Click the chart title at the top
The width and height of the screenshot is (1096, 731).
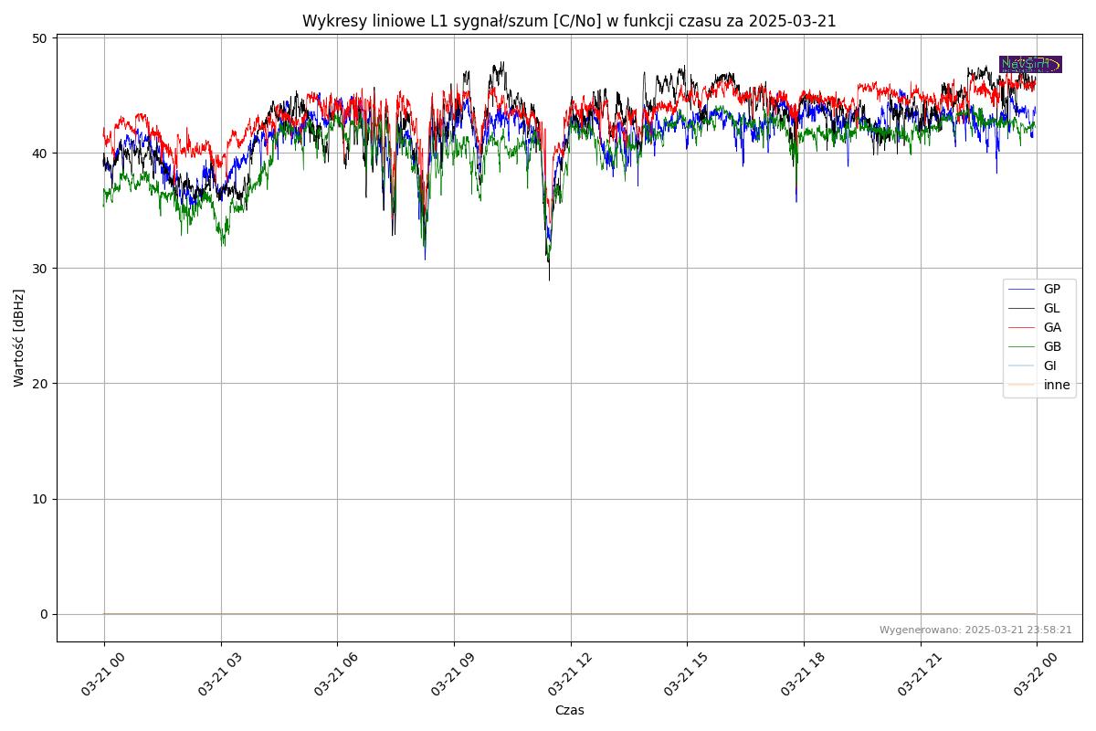pyautogui.click(x=569, y=21)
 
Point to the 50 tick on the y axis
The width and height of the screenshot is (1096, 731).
pyautogui.click(x=39, y=38)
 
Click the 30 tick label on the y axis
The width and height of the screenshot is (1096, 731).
pyautogui.click(x=39, y=269)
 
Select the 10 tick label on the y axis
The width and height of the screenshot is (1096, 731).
pyautogui.click(x=39, y=499)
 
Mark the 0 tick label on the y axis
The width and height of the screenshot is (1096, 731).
pyautogui.click(x=43, y=614)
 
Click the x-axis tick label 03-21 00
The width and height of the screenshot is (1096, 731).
pyautogui.click(x=103, y=677)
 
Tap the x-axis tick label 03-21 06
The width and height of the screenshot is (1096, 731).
pyautogui.click(x=336, y=677)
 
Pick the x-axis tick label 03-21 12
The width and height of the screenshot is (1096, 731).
pyautogui.click(x=570, y=677)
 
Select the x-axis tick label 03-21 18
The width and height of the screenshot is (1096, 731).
pyautogui.click(x=803, y=677)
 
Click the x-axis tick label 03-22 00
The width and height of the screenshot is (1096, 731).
pyautogui.click(x=1036, y=677)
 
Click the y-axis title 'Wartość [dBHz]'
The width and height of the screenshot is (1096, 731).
pyautogui.click(x=19, y=337)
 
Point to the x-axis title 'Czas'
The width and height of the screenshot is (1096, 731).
pyautogui.click(x=569, y=710)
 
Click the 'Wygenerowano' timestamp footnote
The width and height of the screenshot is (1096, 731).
pyautogui.click(x=975, y=630)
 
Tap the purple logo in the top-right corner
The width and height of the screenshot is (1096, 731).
pyautogui.click(x=1030, y=64)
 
